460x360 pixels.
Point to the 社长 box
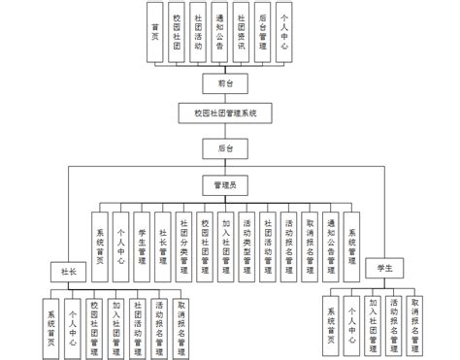68,270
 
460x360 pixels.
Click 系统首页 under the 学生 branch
332,321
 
